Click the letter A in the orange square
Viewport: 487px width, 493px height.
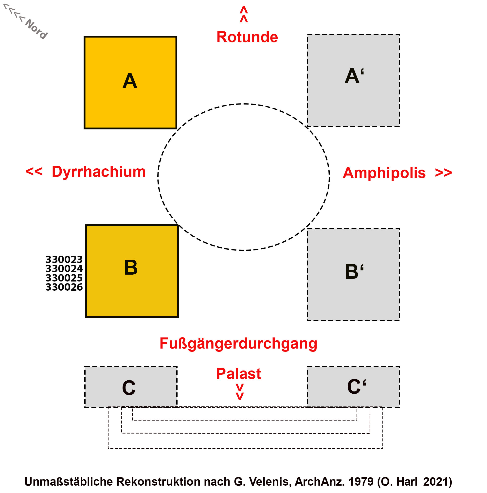coord(130,81)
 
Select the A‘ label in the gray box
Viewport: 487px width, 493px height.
coord(354,76)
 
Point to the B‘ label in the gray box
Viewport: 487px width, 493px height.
coord(354,271)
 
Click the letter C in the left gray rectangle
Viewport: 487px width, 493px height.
coord(129,387)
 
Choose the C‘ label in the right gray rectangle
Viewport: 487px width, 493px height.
coord(356,386)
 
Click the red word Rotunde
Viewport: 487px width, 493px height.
coord(247,37)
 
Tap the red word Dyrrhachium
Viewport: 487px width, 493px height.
coord(99,172)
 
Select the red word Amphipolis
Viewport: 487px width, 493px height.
coord(384,173)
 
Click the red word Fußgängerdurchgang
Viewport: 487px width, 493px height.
coord(238,343)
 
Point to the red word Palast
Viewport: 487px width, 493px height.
coord(238,374)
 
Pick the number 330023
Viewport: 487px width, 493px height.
coord(64,260)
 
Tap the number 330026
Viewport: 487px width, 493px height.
coord(64,287)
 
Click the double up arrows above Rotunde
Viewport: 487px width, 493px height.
coord(244,14)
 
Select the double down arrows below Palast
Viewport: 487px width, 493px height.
coord(239,392)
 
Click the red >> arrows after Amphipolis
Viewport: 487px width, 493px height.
coord(443,173)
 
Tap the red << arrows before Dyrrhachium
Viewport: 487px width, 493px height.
coord(34,171)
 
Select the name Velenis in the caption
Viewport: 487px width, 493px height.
coord(270,481)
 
